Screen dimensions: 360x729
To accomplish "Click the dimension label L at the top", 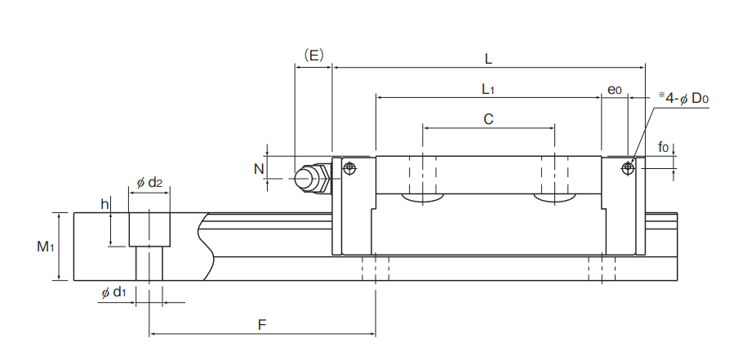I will [487, 59].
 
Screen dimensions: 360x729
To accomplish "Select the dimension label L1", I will [488, 88].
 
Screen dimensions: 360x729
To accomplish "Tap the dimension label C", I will [488, 119].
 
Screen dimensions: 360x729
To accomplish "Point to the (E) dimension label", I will [313, 56].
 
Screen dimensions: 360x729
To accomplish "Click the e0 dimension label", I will [614, 89].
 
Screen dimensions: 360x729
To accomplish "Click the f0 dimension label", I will [664, 148].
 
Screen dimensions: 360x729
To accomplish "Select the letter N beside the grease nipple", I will [259, 169].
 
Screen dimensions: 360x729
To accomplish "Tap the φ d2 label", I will [149, 183].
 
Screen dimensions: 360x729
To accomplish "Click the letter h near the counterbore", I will [104, 204].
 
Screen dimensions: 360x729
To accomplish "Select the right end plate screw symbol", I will [627, 168].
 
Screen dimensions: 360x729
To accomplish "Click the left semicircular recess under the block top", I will [423, 198].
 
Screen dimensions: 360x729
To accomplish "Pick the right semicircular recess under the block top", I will [554, 198].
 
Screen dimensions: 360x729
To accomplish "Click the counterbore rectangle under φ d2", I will [149, 229].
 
